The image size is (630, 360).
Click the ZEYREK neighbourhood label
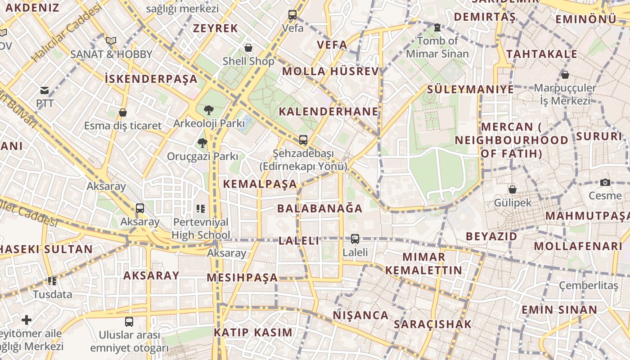pos(215,28)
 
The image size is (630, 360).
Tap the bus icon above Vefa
pos(292,15)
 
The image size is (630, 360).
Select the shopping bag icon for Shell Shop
pos(248,48)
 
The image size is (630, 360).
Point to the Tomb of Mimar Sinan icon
pos(437,28)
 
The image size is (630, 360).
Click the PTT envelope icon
pos(45,90)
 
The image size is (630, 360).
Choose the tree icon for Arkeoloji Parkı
pos(208,110)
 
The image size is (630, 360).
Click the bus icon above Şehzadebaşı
pos(303,140)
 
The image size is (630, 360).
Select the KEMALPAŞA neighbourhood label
pos(260,184)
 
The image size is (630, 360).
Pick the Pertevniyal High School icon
pos(201,208)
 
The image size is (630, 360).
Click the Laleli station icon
pos(355,239)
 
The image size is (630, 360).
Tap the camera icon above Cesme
pos(605,182)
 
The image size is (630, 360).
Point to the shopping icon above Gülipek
pos(512,189)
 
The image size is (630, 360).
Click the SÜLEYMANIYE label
pos(470,89)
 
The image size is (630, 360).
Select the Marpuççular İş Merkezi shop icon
pos(565,75)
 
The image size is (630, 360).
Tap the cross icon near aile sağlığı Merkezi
pos(27,320)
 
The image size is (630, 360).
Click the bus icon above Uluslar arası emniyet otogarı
pos(129,322)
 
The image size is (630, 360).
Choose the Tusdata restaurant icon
pos(52,281)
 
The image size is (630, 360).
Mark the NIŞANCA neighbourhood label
pos(360,315)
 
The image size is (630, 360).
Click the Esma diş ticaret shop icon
pos(122,112)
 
